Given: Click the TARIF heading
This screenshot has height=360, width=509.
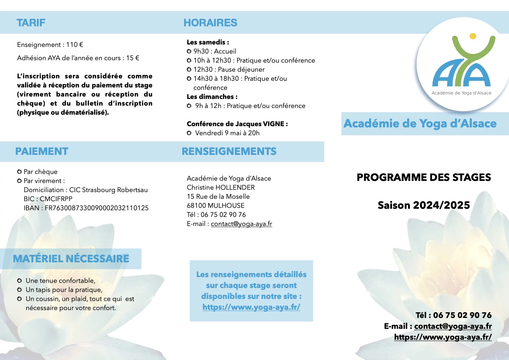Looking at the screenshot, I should click(31, 23).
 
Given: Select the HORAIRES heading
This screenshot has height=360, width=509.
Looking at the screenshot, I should click(210, 23).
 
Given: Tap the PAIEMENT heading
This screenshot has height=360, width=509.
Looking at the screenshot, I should click(42, 151).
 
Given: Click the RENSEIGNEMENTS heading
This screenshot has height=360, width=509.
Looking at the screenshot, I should click(229, 151).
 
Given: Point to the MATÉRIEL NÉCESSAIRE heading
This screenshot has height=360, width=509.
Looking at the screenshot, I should click(71, 259).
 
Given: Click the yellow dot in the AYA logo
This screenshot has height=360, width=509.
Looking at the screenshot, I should click(473, 36).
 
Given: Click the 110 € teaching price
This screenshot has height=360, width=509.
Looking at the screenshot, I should click(75, 45).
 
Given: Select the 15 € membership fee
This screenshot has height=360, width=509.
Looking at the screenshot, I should click(133, 58).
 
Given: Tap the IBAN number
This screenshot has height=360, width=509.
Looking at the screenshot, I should click(97, 208).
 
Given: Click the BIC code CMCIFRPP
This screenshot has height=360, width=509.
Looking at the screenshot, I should click(56, 199).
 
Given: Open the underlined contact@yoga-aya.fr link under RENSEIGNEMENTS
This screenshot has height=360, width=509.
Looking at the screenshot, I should click(242, 224).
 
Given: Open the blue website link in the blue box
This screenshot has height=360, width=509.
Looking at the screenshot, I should click(251, 307).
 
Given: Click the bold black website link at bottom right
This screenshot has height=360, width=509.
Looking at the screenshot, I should click(443, 337).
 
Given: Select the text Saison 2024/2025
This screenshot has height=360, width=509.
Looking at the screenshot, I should click(424, 205).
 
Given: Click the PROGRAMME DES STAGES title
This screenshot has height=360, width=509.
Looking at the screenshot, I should click(424, 177).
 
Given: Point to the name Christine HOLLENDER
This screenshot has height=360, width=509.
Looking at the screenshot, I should click(221, 188).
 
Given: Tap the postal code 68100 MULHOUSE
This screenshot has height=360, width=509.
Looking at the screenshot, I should click(216, 206).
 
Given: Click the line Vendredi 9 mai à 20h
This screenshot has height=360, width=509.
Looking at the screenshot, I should click(227, 133).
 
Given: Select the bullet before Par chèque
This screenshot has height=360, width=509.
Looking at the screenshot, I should click(19, 172).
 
